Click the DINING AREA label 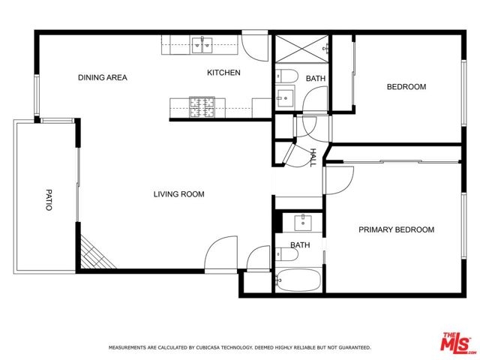pyautogui.click(x=103, y=77)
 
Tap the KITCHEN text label pyautogui.click(x=223, y=73)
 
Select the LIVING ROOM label pyautogui.click(x=179, y=194)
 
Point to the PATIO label pyautogui.click(x=49, y=200)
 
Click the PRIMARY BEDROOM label pyautogui.click(x=397, y=229)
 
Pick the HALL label pyautogui.click(x=313, y=157)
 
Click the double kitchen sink pyautogui.click(x=202, y=45)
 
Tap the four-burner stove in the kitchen pyautogui.click(x=202, y=107)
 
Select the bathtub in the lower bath pyautogui.click(x=298, y=280)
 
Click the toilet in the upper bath pyautogui.click(x=286, y=76)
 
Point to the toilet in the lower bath pyautogui.click(x=286, y=254)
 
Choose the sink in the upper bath pyautogui.click(x=285, y=98)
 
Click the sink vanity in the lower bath pyautogui.click(x=303, y=223)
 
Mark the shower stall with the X pyautogui.click(x=301, y=48)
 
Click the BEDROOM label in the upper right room pyautogui.click(x=406, y=87)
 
